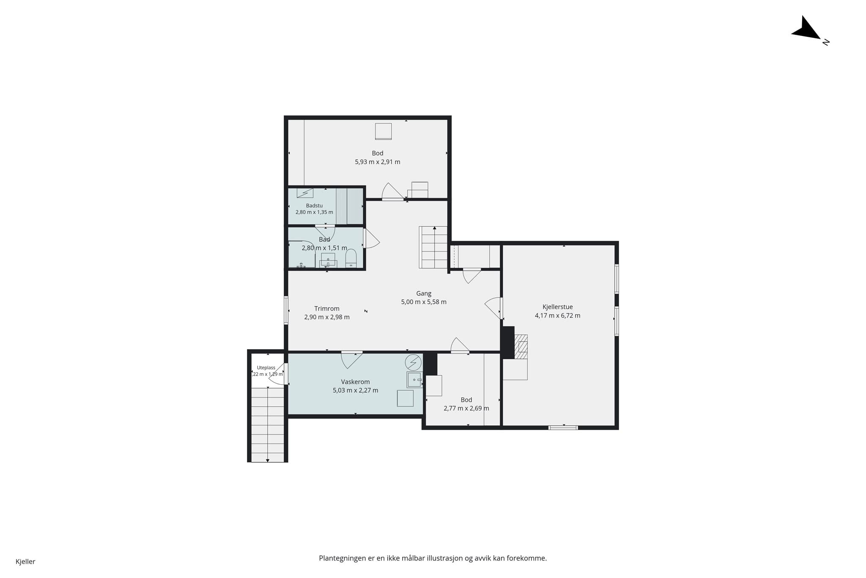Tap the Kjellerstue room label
click(557, 307)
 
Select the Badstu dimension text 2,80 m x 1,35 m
click(314, 212)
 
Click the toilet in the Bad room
click(351, 258)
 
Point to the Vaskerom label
click(355, 382)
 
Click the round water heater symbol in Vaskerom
click(413, 363)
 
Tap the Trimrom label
click(327, 309)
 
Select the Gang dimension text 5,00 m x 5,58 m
click(424, 302)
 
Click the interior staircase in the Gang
click(433, 247)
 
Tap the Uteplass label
click(266, 368)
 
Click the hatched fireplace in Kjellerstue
click(521, 347)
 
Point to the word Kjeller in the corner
click(25, 562)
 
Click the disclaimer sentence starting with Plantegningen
click(433, 558)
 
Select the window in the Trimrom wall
click(286, 310)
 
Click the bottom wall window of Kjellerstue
click(563, 427)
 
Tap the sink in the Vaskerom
click(414, 380)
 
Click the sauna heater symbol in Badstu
click(305, 193)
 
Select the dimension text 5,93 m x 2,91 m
click(378, 162)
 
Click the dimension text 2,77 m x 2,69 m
click(466, 409)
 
